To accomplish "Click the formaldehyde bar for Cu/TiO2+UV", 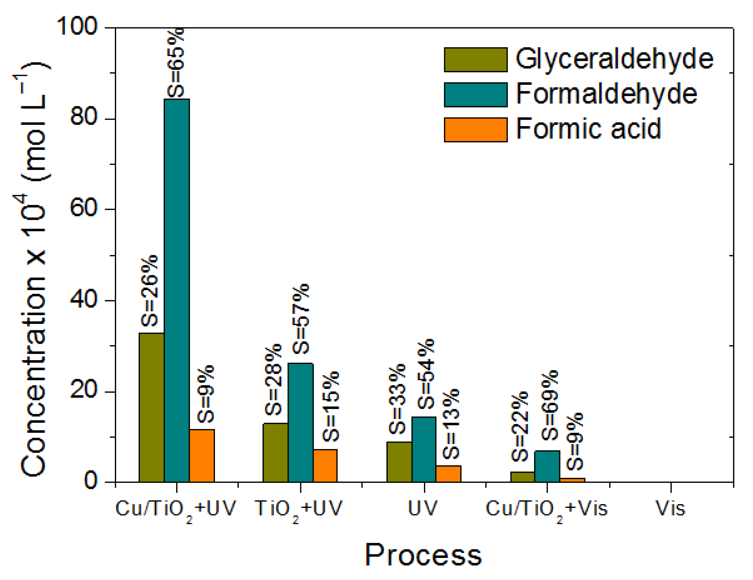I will pos(176,290).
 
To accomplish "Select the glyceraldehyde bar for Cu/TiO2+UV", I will pos(151,407).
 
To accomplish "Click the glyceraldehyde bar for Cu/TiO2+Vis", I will pos(522,477).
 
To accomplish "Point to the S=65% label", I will pos(176,63).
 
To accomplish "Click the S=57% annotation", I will pos(301,319).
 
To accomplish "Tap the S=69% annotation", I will pos(549,405).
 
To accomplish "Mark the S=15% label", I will pos(331,406).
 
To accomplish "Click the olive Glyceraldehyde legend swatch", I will pos(475,60).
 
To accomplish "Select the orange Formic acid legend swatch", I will pos(475,130).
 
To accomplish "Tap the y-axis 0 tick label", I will pos(90,480).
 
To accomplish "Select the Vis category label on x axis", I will pos(670,509).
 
